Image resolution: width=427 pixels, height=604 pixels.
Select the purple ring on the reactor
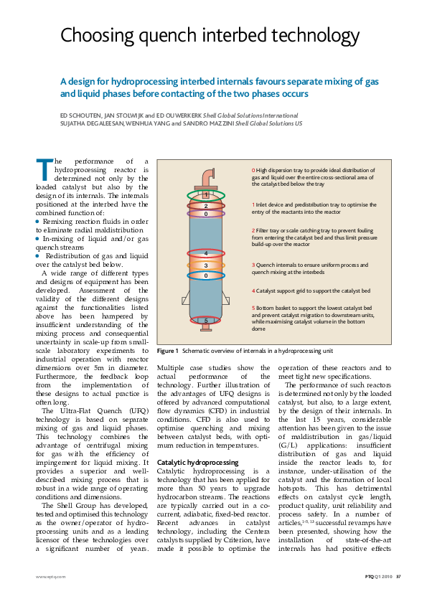(206, 214)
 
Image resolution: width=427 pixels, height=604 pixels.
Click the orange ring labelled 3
(206, 265)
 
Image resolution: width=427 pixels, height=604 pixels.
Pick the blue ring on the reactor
(206, 275)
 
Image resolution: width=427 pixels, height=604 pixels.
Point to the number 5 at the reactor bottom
(207, 320)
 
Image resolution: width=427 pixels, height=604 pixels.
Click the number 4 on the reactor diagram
(206, 253)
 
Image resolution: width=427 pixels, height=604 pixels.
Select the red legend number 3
(253, 265)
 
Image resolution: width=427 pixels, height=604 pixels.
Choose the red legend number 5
(253, 308)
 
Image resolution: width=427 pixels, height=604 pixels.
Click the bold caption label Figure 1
(168, 351)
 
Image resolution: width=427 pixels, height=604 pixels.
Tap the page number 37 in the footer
(398, 576)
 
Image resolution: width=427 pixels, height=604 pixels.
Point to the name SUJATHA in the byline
(76, 123)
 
